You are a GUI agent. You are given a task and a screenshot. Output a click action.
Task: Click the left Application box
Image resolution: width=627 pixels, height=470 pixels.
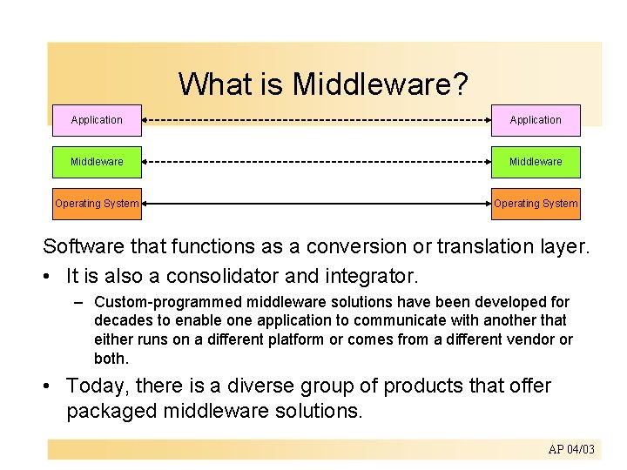(x=97, y=120)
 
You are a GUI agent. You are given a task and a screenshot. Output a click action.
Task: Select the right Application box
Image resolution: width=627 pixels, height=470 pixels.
(x=536, y=120)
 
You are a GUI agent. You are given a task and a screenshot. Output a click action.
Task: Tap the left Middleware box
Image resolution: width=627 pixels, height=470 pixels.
(x=97, y=162)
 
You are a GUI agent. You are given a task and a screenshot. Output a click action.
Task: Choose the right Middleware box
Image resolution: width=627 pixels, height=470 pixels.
(x=536, y=162)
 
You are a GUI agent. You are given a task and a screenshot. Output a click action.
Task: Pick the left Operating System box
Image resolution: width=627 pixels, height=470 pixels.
(x=97, y=204)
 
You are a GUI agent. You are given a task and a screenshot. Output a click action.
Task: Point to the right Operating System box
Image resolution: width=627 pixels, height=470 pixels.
(x=536, y=204)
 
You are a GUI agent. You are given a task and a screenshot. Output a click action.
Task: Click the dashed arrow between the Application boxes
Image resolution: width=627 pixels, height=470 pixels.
(x=316, y=120)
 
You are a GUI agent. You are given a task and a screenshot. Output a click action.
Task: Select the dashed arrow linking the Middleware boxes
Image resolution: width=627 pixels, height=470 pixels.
(x=316, y=162)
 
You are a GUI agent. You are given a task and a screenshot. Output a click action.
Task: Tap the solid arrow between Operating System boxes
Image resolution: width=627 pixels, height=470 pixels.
(x=316, y=204)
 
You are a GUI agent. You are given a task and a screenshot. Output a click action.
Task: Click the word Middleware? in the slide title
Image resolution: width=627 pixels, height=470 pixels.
(x=381, y=84)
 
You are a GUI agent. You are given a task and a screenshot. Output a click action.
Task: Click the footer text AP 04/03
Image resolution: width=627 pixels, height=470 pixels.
(x=571, y=449)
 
